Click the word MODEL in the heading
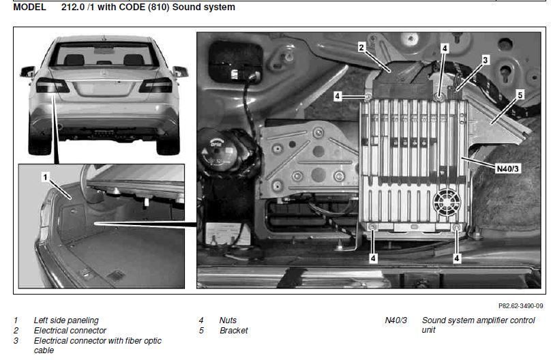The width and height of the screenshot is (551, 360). pyautogui.click(x=29, y=7)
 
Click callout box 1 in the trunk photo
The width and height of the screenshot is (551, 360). pyautogui.click(x=45, y=177)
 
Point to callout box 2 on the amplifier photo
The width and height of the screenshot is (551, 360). pyautogui.click(x=362, y=47)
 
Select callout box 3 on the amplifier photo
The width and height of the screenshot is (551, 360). pyautogui.click(x=485, y=60)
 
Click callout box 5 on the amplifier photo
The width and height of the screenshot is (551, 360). pyautogui.click(x=520, y=95)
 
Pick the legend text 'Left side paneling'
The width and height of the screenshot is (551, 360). pyautogui.click(x=65, y=320)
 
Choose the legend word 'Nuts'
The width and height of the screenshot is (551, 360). pyautogui.click(x=228, y=320)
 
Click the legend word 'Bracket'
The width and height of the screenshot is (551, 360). pyautogui.click(x=233, y=331)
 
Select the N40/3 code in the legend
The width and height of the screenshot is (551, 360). pyautogui.click(x=396, y=320)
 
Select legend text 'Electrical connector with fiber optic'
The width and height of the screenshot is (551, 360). pyautogui.click(x=98, y=340)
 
